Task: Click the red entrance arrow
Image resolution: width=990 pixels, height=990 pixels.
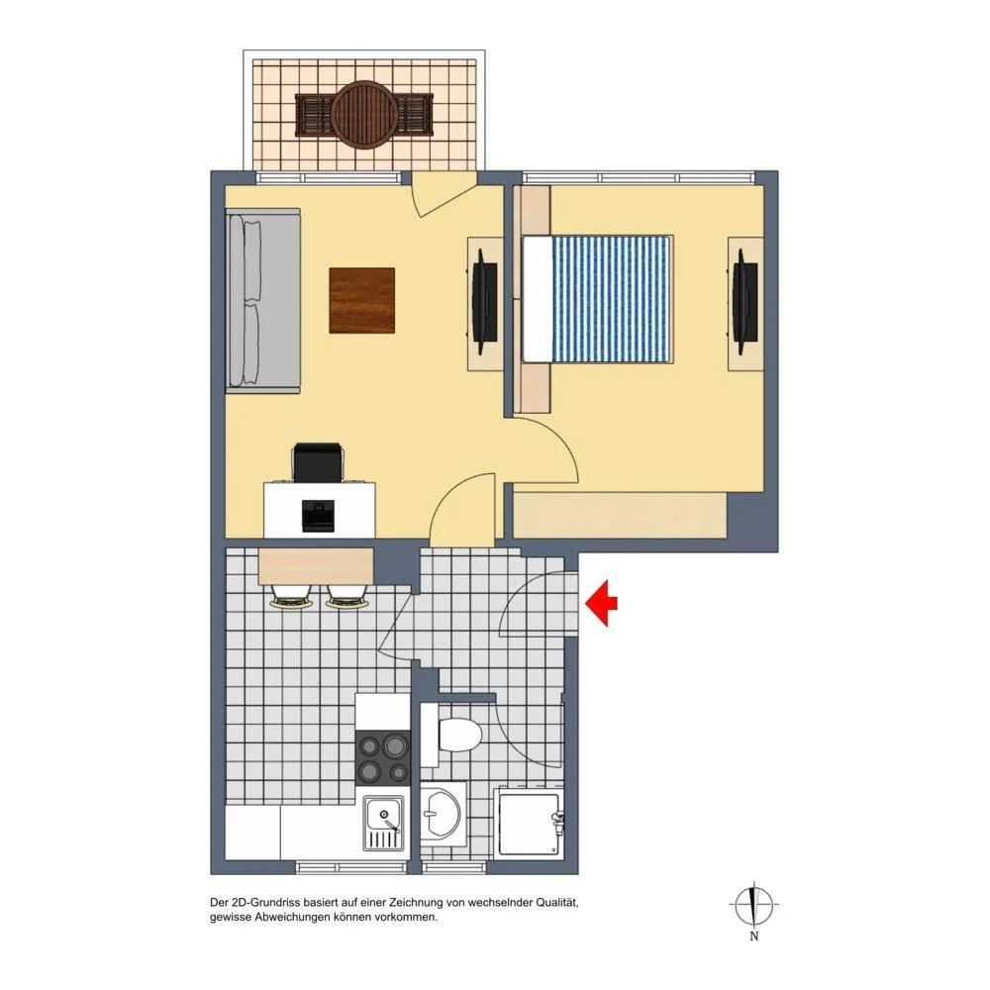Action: pos(601,603)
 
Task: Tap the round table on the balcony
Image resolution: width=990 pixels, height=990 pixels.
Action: pos(364,115)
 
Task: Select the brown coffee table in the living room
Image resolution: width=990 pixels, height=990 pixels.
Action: pos(361,300)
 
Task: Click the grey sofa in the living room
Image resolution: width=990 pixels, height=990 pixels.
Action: pos(262,301)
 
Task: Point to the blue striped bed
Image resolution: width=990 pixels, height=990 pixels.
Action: pos(597,299)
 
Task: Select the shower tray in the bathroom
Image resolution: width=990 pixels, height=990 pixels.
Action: pos(529,822)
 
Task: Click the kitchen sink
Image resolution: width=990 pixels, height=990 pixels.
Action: pos(383,824)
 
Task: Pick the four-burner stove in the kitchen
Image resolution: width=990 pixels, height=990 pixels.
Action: pos(383,758)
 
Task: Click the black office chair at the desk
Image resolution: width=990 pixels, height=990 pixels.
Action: pos(318,461)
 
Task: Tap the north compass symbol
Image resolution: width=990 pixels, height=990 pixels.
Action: pos(753,904)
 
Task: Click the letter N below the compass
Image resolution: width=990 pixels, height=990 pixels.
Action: pos(753,937)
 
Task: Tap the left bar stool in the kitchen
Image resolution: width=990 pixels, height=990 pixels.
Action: pos(291,597)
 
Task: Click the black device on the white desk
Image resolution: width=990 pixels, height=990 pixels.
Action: pos(318,515)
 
